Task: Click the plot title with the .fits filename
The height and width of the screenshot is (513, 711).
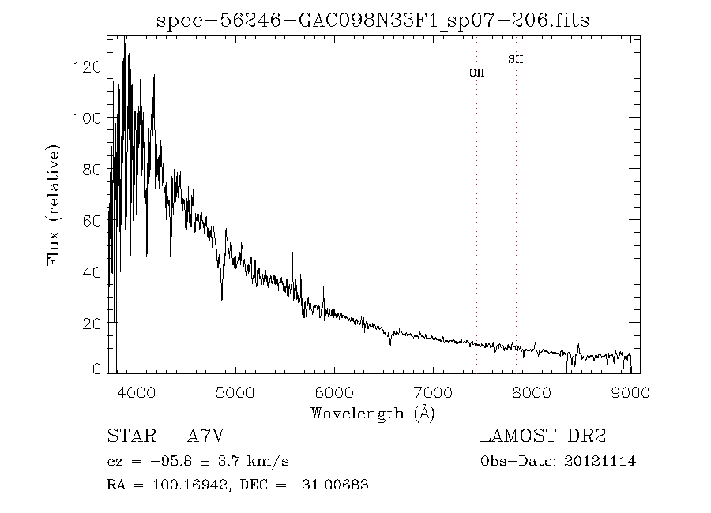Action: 373,20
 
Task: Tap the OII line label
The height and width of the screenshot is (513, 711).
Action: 476,73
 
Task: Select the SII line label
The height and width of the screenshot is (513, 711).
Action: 516,59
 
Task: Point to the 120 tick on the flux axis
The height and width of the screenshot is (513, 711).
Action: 89,66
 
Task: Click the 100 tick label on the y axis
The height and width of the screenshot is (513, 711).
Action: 89,118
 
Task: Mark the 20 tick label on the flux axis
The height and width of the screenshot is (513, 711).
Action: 93,323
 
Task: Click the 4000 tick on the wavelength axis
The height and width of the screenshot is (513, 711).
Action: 137,391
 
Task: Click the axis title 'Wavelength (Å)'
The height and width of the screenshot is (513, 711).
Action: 373,413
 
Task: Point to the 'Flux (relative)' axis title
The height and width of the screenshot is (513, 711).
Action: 54,204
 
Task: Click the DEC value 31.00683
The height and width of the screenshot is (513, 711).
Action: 335,485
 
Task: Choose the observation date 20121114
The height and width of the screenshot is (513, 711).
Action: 598,462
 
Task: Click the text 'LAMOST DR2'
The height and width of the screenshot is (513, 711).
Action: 543,436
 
